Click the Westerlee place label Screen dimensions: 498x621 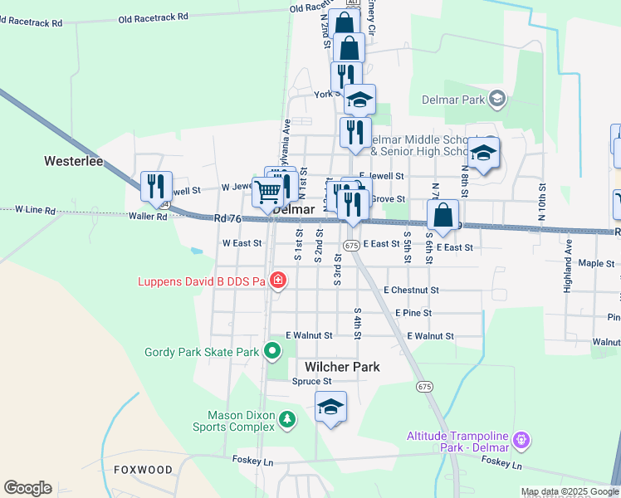click(x=74, y=161)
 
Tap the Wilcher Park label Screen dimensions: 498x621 click(x=342, y=367)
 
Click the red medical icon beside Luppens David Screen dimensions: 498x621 click(x=278, y=281)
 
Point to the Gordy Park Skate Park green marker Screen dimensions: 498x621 click(x=271, y=352)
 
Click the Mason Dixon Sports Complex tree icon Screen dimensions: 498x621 click(x=286, y=420)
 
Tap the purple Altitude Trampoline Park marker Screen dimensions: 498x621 click(x=521, y=437)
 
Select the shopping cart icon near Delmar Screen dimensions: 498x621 click(x=267, y=192)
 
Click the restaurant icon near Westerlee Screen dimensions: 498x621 click(x=155, y=186)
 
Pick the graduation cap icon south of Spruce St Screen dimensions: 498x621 click(x=330, y=407)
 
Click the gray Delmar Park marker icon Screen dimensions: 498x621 click(x=497, y=100)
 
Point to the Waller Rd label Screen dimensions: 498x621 click(x=148, y=216)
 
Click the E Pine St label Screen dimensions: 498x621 click(x=413, y=313)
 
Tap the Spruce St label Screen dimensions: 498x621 click(x=311, y=382)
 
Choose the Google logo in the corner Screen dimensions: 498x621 click(x=27, y=488)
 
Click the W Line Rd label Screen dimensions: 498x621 click(x=35, y=211)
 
